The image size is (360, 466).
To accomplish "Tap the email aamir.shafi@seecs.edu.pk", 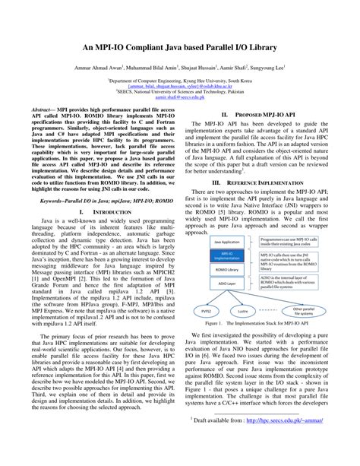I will (x=179, y=98).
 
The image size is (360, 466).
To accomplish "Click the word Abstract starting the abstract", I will (x=43, y=111).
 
